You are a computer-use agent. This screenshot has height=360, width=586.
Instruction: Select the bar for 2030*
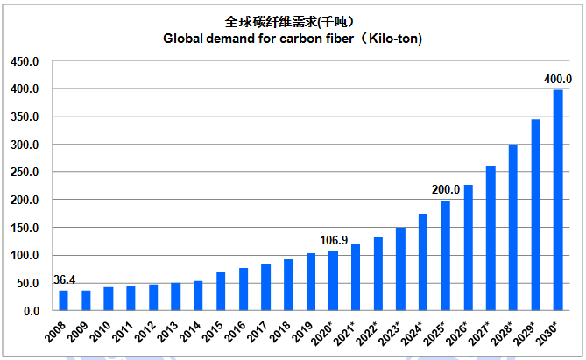558,201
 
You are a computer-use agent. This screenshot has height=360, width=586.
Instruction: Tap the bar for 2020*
333,281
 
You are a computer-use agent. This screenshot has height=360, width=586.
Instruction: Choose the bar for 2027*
491,238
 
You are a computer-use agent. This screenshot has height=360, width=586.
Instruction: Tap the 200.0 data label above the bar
445,189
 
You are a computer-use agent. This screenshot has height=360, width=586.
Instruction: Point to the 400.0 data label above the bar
558,79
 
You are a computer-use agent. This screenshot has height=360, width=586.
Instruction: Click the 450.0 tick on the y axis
25,61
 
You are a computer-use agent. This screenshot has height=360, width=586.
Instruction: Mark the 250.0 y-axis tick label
25,173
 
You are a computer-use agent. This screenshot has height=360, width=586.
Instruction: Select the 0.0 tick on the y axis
31,311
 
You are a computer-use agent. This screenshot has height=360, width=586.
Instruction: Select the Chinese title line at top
293,21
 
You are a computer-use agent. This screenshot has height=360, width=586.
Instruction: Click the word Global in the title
184,39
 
